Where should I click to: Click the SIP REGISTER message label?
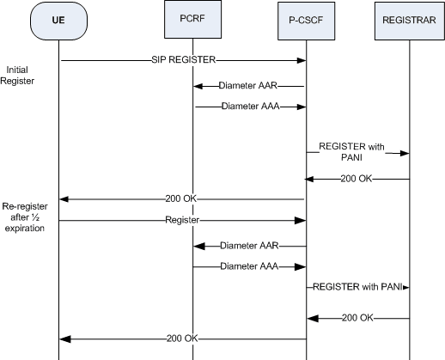click(183, 60)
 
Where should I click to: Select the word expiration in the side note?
click(24, 231)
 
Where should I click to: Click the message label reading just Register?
click(183, 220)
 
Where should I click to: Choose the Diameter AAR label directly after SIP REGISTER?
click(249, 86)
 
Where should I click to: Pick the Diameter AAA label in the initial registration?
click(249, 107)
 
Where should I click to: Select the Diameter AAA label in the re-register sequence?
click(249, 267)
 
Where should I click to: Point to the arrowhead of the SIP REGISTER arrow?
click(302, 60)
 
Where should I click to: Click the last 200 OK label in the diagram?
click(183, 338)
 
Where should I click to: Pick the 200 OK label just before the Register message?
click(183, 198)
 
